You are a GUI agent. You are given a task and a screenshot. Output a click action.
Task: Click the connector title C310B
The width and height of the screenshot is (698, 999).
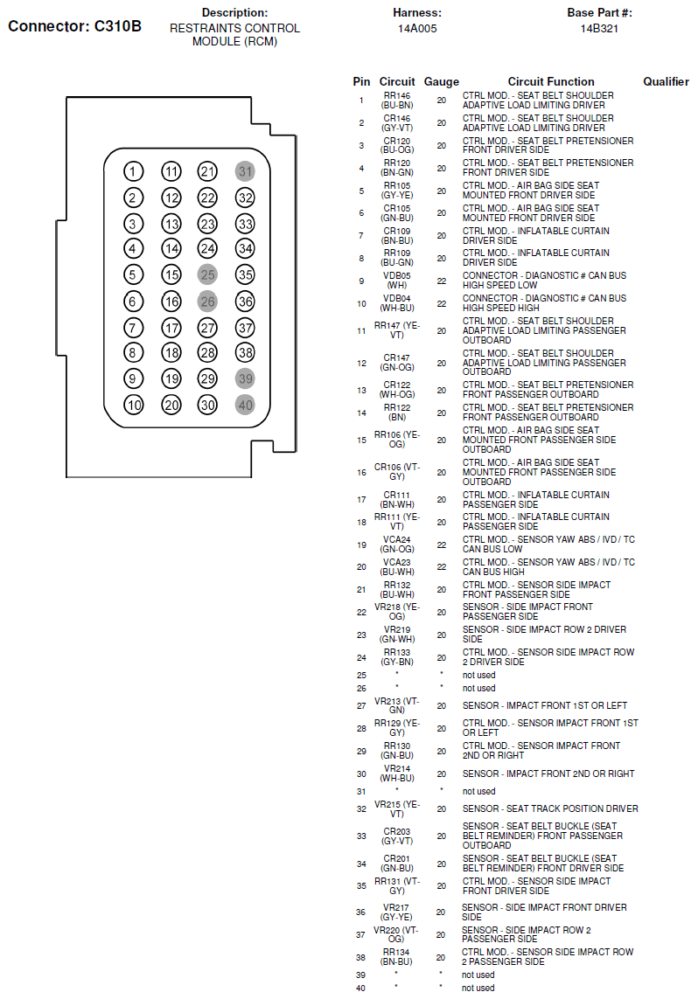[x=74, y=25]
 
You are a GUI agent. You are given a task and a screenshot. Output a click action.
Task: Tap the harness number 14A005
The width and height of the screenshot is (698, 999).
[x=417, y=28]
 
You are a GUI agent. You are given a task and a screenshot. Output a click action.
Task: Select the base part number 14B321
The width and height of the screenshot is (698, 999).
[x=599, y=28]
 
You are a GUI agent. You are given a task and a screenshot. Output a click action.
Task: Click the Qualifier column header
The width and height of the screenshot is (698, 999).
[x=666, y=81]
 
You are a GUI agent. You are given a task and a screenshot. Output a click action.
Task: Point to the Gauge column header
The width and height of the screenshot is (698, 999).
[x=441, y=81]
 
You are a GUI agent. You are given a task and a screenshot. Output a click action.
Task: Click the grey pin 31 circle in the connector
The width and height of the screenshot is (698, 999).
[x=245, y=172]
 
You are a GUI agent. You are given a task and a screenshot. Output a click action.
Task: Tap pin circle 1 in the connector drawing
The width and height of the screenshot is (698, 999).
[x=133, y=172]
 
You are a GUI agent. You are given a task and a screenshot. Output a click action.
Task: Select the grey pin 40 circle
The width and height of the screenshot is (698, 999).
[x=245, y=405]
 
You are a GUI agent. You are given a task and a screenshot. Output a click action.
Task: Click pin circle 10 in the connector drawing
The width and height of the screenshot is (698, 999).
[x=133, y=405]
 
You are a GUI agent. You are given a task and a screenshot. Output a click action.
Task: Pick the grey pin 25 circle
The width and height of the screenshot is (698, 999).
[x=207, y=275]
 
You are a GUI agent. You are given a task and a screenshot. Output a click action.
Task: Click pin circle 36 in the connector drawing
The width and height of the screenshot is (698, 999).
[x=245, y=302]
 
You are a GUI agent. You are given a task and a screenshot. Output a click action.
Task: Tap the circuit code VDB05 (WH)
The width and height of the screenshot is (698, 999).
[x=396, y=281]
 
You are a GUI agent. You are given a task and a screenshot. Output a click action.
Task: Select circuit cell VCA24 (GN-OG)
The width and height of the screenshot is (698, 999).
[x=396, y=545]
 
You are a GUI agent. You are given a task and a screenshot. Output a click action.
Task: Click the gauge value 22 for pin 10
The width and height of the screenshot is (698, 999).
[x=441, y=303]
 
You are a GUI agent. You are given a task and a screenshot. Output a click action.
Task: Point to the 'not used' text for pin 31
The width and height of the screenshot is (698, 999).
[x=478, y=791]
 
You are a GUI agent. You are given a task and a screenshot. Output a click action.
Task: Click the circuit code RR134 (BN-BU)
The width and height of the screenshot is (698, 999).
[x=396, y=957]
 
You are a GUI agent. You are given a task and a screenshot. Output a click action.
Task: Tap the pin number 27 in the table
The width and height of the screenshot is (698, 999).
[x=361, y=705]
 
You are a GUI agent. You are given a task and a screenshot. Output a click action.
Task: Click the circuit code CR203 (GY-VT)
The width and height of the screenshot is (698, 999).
[x=396, y=836]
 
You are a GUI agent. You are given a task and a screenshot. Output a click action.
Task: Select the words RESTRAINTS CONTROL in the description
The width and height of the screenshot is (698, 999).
[x=234, y=28]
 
